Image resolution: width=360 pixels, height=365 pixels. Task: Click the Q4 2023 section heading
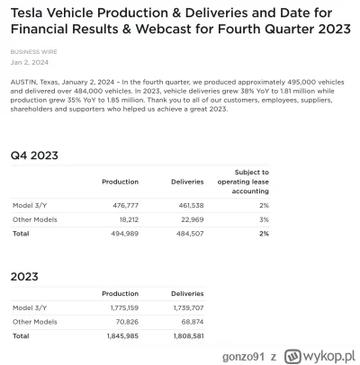[x=34, y=156]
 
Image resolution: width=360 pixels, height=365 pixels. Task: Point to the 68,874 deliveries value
[x=188, y=321]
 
